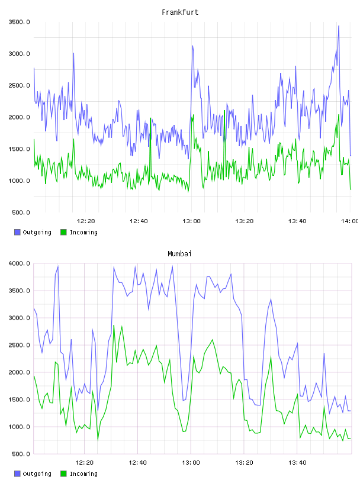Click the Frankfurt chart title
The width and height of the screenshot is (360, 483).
pos(180,12)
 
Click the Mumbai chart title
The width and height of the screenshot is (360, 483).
pos(179,254)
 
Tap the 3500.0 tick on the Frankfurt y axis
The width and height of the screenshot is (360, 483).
pos(19,22)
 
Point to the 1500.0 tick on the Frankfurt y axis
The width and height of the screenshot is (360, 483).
pos(19,149)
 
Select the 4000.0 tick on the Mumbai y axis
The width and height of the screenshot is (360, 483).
pos(19,263)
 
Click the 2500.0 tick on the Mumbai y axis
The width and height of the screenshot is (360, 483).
pos(19,345)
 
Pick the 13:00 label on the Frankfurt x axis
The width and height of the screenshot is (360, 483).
pos(191,221)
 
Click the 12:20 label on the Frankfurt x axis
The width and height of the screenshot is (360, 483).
pos(86,221)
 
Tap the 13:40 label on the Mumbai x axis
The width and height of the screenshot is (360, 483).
pos(297,462)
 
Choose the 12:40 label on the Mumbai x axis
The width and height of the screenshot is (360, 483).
pos(137,462)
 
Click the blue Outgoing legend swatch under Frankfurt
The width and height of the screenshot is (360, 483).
pos(17,232)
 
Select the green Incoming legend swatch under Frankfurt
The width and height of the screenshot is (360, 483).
pos(63,232)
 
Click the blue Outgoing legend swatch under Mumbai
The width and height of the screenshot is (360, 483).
pos(17,474)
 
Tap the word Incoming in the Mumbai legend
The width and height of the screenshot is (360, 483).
pos(83,474)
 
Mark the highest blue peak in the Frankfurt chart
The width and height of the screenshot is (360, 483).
pos(339,26)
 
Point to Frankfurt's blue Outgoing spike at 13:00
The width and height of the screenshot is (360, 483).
pos(192,46)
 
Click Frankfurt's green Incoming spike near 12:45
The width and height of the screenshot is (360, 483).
pos(150,118)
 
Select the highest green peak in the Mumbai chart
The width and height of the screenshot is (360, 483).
pos(114,326)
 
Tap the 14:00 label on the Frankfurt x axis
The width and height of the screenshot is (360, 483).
pos(350,221)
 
